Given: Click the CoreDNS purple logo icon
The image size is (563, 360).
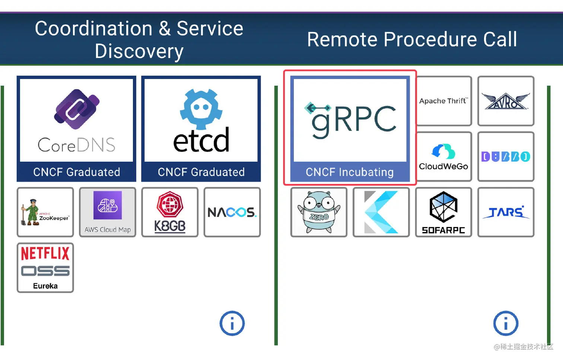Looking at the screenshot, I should click(x=77, y=109).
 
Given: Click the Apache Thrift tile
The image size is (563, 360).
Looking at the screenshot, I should click(x=443, y=101).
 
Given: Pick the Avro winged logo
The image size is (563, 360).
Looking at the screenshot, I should click(x=506, y=101).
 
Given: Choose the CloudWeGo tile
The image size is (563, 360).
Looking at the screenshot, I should click(x=443, y=157).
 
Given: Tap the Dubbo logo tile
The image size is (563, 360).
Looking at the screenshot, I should click(x=506, y=157).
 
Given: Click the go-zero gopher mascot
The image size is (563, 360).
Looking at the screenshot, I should click(x=319, y=212).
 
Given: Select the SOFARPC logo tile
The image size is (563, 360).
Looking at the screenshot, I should click(x=443, y=212).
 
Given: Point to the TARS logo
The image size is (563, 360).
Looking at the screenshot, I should click(x=506, y=212).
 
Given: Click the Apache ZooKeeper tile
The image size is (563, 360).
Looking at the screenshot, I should click(x=45, y=212).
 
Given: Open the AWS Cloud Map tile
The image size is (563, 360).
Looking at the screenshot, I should click(x=108, y=212).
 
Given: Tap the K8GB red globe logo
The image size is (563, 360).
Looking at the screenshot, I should click(x=170, y=205).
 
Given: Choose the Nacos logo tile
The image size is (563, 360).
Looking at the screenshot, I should click(x=232, y=212).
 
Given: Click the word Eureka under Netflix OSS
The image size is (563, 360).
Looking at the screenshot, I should click(x=45, y=286).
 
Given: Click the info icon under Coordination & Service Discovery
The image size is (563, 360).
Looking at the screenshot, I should click(x=232, y=323).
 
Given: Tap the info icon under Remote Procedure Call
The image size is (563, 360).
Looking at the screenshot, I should click(x=506, y=323).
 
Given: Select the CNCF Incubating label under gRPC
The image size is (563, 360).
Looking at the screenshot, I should click(x=350, y=172).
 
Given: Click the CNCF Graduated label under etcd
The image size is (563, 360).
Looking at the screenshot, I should click(x=201, y=172).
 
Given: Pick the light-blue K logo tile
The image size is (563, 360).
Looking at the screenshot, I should click(x=381, y=212).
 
